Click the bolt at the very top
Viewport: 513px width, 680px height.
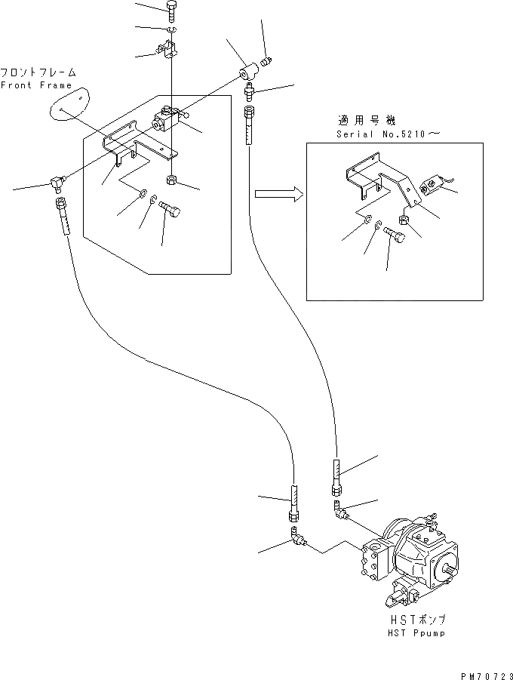click(x=171, y=11)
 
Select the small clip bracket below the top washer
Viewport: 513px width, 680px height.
click(x=168, y=51)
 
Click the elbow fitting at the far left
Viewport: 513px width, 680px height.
click(x=57, y=182)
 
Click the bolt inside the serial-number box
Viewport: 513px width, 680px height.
click(x=394, y=238)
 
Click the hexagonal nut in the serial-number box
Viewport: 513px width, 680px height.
click(x=404, y=220)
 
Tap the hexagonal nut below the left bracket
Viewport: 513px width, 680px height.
click(x=172, y=180)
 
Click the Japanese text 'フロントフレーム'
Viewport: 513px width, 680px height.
click(x=38, y=73)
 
